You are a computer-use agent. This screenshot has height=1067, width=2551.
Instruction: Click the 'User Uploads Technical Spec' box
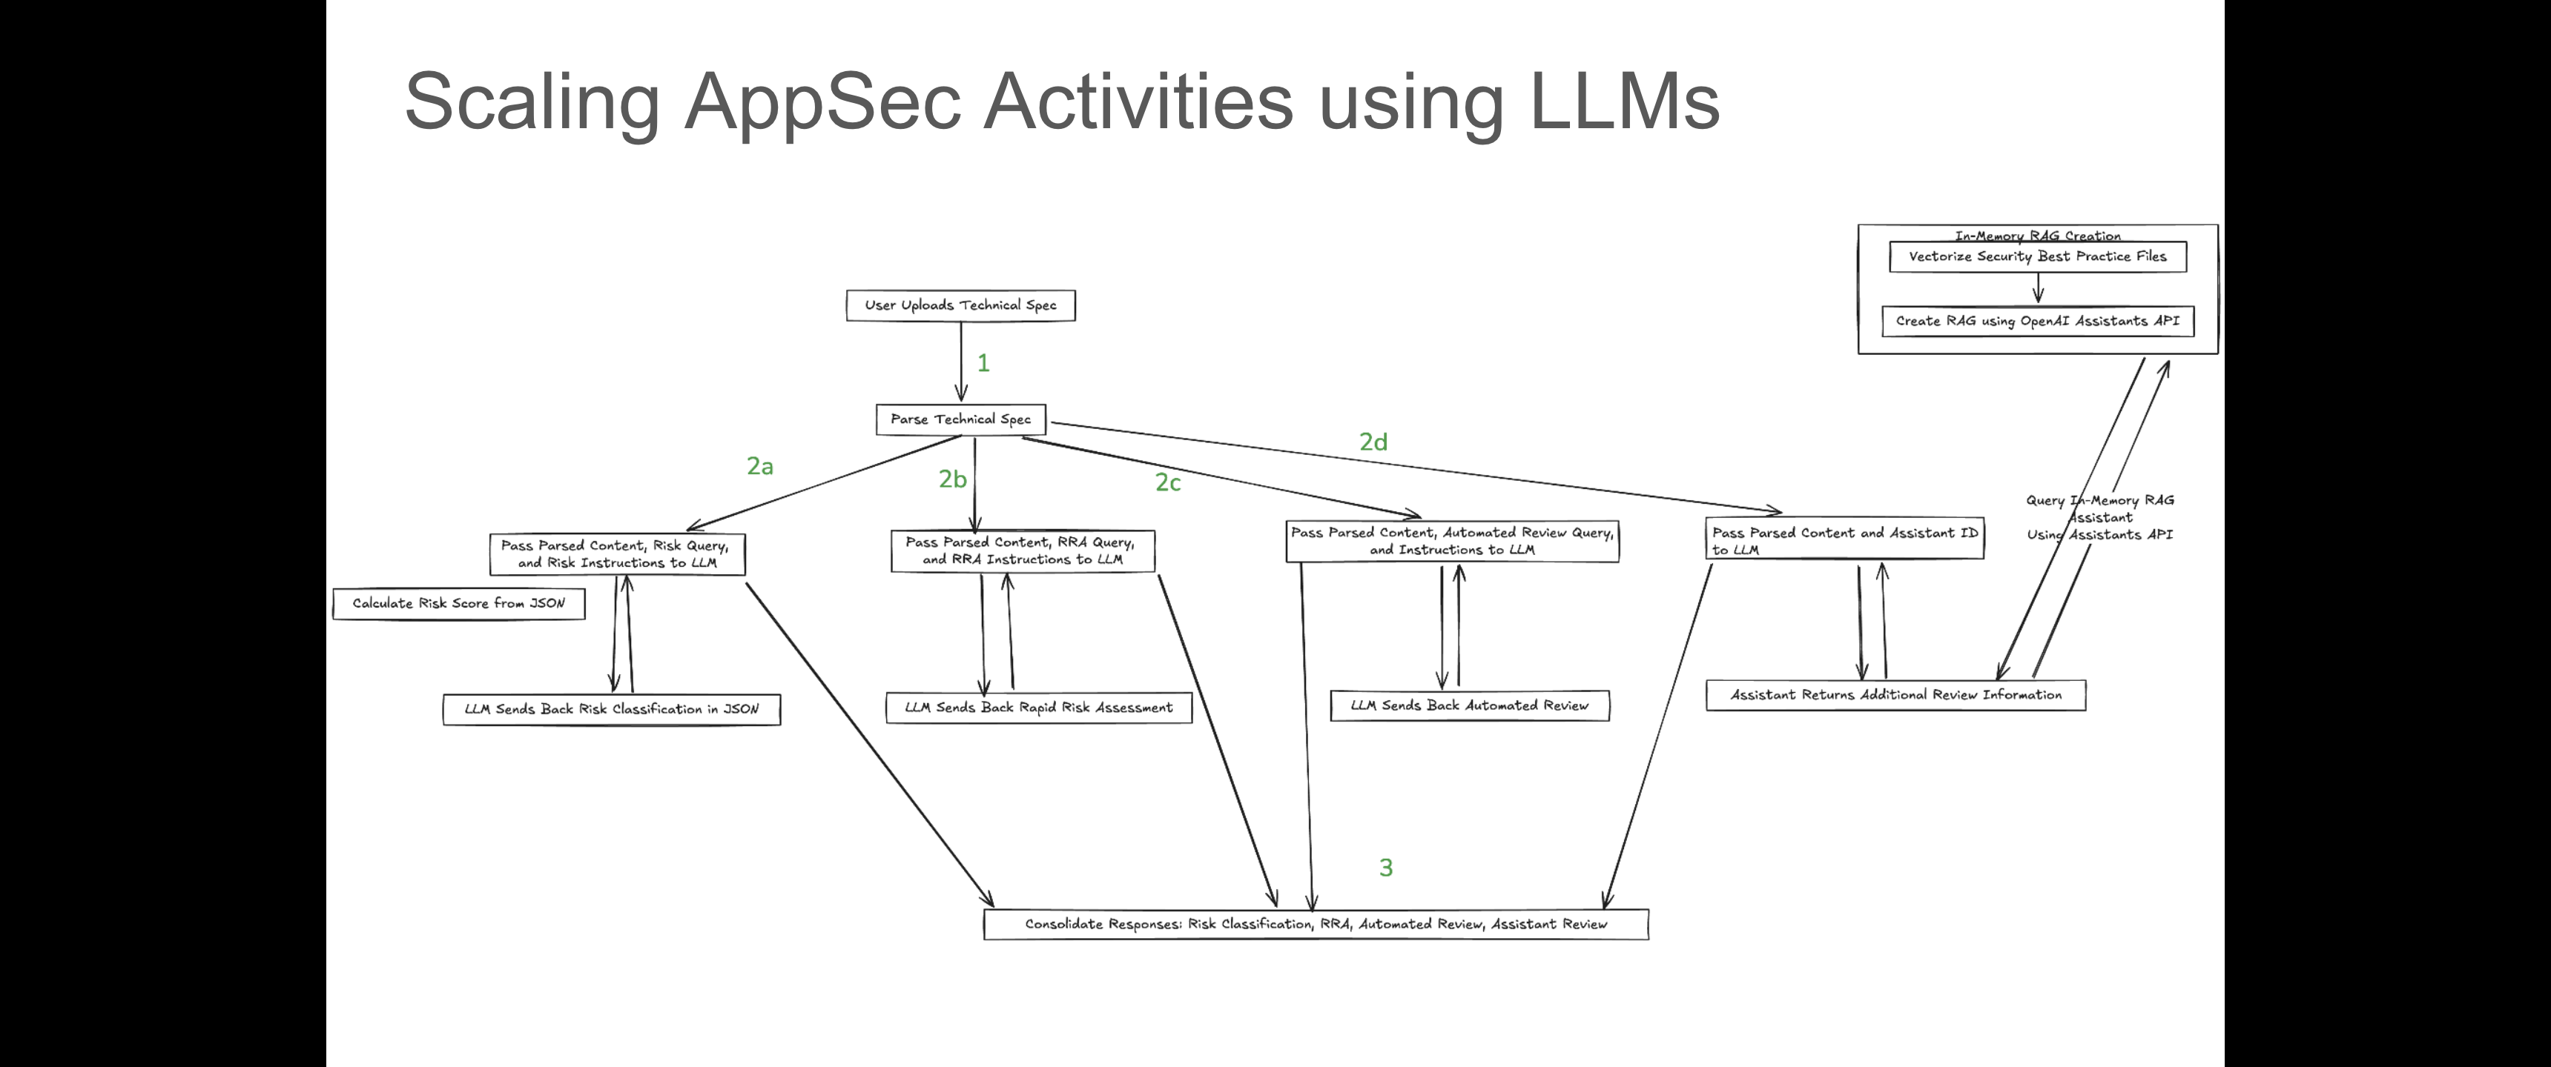pos(960,305)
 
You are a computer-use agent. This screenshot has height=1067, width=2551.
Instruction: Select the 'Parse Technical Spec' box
pos(960,419)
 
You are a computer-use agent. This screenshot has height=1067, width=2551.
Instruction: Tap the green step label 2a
pos(759,466)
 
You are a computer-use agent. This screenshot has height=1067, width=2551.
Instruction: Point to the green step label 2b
pos(953,479)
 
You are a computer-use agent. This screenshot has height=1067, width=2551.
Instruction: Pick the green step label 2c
pos(1167,482)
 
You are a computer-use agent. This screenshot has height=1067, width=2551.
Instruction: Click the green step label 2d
pos(1373,442)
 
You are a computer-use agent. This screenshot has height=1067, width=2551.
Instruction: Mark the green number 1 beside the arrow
pos(983,363)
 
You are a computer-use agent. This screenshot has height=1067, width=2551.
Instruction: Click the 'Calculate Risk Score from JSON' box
pos(458,604)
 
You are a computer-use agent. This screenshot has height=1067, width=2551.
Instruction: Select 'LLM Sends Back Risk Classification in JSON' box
pos(611,710)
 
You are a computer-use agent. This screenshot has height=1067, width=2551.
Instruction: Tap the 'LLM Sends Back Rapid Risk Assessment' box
pos(1038,708)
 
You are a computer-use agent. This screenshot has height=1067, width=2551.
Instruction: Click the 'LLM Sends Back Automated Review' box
pos(1470,705)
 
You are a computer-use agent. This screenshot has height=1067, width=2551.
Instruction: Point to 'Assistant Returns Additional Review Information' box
pos(1895,695)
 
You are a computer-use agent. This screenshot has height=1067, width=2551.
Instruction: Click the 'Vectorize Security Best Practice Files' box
pos(2037,256)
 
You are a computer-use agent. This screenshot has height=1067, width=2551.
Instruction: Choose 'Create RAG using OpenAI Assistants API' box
pos(2037,322)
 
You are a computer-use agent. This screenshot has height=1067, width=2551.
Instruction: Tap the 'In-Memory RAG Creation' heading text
pos(2037,236)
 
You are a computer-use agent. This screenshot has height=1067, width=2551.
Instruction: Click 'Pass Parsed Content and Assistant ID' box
pos(1844,540)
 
